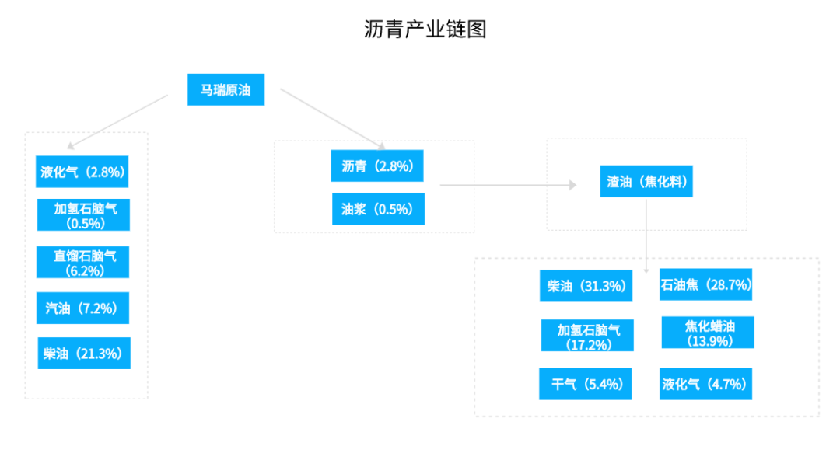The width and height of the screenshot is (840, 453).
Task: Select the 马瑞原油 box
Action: tap(226, 89)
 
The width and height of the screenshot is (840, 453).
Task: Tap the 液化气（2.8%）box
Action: tap(82, 172)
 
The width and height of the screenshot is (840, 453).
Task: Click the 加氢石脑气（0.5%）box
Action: tap(83, 215)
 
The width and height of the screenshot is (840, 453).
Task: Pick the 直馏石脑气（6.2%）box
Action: tap(83, 262)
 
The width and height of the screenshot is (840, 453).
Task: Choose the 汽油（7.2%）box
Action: tap(82, 308)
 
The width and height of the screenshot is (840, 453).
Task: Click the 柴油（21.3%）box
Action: tap(83, 354)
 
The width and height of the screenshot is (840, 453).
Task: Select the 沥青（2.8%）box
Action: tap(377, 166)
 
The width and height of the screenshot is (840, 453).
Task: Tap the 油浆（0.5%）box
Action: tap(378, 209)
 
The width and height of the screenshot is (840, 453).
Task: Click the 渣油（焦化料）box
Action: tap(646, 182)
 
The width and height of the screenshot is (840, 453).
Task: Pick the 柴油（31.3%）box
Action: tap(586, 286)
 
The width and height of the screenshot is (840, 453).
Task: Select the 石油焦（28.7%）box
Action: tap(705, 284)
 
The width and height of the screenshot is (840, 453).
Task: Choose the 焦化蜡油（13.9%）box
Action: tap(708, 333)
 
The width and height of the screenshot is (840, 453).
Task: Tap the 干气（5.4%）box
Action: tap(586, 384)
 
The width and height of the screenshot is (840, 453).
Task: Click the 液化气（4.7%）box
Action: tap(705, 384)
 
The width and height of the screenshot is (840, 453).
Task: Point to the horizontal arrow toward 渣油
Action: tap(507, 185)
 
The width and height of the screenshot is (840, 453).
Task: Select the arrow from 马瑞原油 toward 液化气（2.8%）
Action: tap(118, 121)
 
